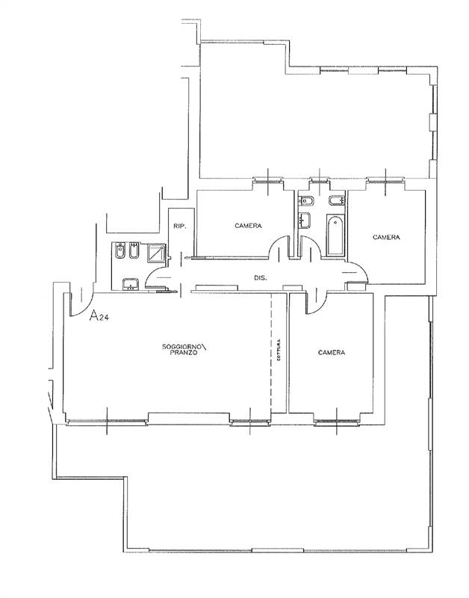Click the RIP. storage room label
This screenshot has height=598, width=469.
(x=179, y=226)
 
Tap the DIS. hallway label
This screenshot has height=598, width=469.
(x=260, y=278)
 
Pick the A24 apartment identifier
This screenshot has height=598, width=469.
(x=101, y=316)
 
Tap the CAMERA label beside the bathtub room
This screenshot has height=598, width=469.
(x=386, y=237)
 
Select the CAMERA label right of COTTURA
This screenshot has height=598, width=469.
(x=331, y=352)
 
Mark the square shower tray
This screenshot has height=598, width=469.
(x=157, y=254)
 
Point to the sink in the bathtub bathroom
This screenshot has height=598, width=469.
(x=304, y=220)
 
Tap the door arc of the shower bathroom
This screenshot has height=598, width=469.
(x=157, y=277)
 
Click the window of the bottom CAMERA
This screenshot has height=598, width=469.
(x=336, y=422)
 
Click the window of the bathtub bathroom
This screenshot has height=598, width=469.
(x=320, y=180)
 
